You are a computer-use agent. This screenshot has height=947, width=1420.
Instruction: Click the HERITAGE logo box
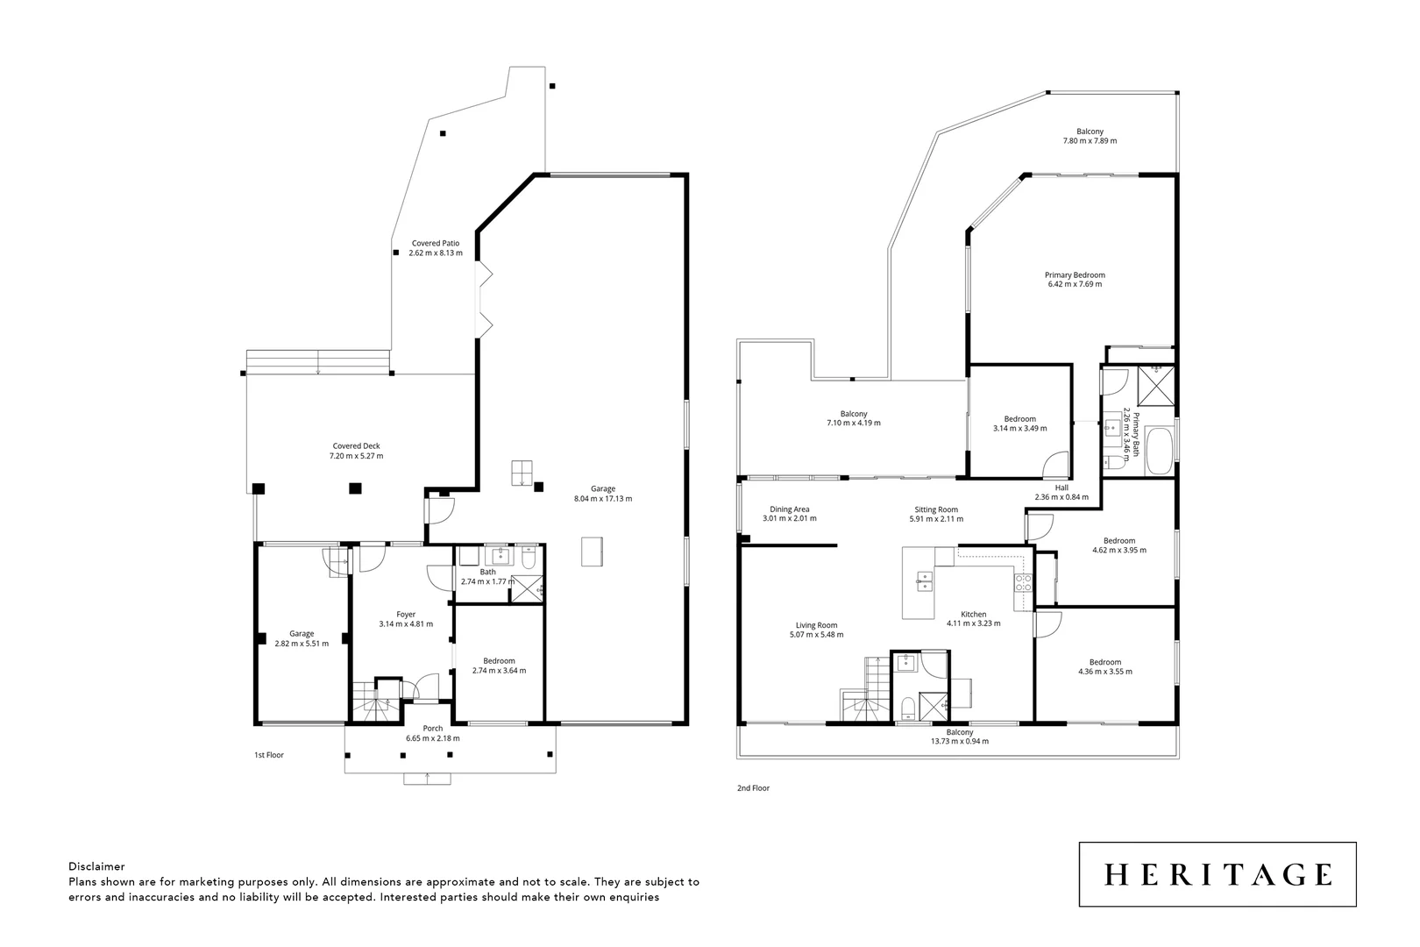(x=1217, y=874)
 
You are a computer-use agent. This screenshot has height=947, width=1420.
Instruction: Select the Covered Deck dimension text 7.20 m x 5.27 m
(x=356, y=456)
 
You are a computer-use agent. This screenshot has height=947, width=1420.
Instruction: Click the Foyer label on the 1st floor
(x=405, y=614)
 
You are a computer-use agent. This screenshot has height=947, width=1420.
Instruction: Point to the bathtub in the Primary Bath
(x=1159, y=451)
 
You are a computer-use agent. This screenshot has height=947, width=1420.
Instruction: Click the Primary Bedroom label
(x=1075, y=274)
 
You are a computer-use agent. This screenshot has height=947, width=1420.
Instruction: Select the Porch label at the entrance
(x=432, y=728)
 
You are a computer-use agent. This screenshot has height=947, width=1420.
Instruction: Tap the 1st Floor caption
(x=269, y=755)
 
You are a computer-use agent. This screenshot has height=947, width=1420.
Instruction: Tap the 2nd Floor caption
(x=753, y=788)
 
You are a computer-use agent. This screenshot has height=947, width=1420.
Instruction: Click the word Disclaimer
(x=96, y=866)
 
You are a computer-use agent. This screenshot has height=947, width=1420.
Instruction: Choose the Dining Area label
(x=789, y=509)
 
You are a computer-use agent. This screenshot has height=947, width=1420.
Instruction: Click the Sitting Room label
(x=936, y=509)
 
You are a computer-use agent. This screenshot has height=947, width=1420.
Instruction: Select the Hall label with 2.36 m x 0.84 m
(x=1061, y=488)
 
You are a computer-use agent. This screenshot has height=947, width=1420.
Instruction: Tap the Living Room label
(x=816, y=625)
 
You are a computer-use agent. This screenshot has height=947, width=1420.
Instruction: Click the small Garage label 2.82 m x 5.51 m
(x=302, y=633)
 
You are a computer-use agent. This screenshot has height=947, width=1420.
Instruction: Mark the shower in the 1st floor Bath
(x=526, y=587)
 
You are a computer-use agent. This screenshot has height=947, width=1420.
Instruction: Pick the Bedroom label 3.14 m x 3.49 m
(x=1019, y=418)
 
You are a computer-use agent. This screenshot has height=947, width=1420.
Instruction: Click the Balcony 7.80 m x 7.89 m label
(x=1090, y=132)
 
